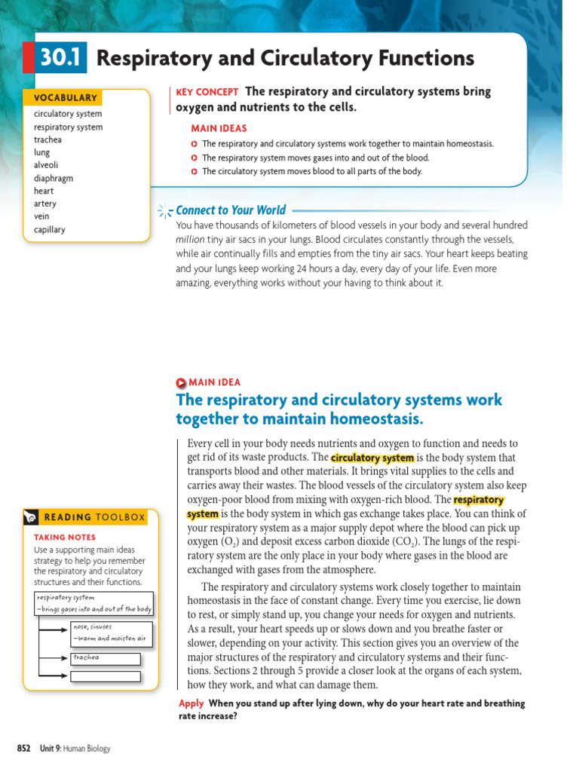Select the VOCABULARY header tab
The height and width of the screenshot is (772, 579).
click(65, 97)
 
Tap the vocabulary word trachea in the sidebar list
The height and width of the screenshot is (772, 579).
click(47, 139)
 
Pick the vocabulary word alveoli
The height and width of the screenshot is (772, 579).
click(46, 165)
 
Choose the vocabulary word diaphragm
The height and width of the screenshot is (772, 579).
click(54, 179)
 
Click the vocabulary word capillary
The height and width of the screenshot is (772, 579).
click(50, 230)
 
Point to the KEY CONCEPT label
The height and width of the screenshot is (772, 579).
click(207, 92)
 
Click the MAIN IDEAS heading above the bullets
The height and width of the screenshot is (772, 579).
click(219, 128)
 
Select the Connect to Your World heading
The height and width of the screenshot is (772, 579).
click(231, 210)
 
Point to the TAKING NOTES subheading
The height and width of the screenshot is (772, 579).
click(65, 538)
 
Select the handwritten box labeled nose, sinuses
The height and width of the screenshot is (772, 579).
click(111, 633)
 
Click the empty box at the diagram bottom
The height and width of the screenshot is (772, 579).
click(106, 676)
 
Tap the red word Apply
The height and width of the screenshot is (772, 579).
click(191, 703)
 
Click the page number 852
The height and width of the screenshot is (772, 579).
click(23, 748)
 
